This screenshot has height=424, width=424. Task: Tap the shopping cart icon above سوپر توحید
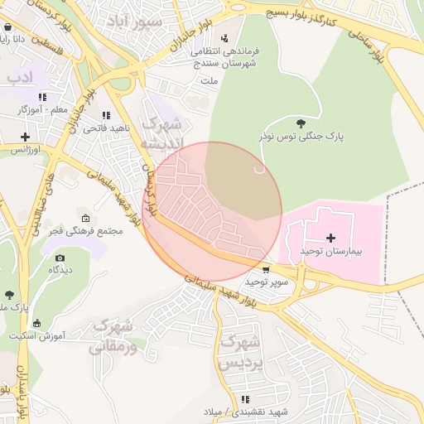pos(265,270)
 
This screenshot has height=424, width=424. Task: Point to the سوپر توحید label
pos(266,282)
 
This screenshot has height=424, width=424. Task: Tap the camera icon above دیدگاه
pos(60,258)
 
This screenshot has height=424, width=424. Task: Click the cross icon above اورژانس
pos(26,137)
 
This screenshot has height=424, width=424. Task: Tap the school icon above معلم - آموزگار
pos(42,97)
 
